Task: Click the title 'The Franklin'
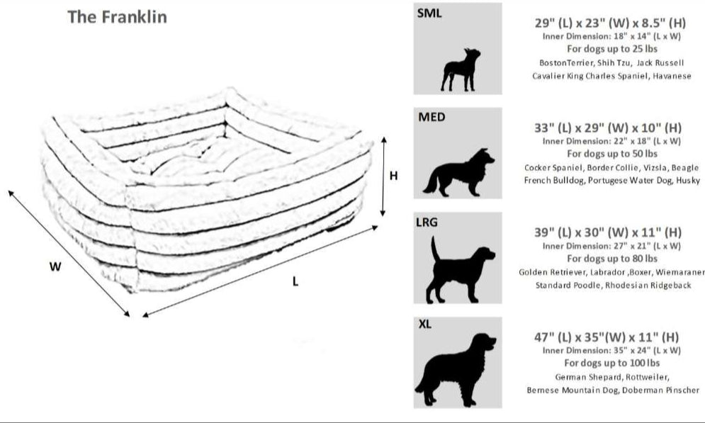[x=117, y=16]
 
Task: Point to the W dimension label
[x=55, y=267]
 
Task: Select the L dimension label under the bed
[x=295, y=281]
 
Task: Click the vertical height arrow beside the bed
[x=383, y=176]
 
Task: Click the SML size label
[x=429, y=13]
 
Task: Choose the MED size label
[x=432, y=117]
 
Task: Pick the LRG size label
[x=428, y=222]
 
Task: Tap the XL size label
[x=425, y=325]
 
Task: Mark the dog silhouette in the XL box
[x=459, y=368]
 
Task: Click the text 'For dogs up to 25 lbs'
[x=611, y=49]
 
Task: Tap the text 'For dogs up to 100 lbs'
[x=611, y=363]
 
